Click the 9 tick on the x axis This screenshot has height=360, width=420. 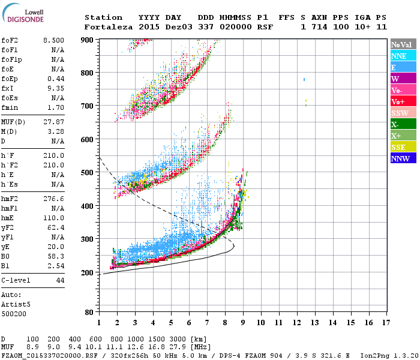click(243, 323)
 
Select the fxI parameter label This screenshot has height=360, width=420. click(8, 88)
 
